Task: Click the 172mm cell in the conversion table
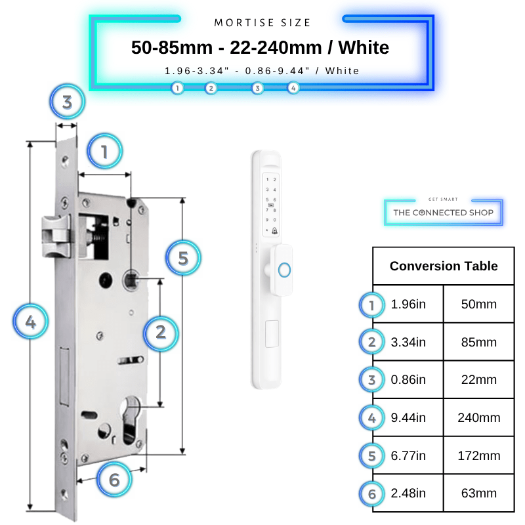click(x=479, y=455)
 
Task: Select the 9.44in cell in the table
click(x=408, y=418)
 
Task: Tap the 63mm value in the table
click(x=479, y=493)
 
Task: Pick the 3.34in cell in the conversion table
click(x=408, y=342)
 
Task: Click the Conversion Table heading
click(x=444, y=266)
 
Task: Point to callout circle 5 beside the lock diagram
click(x=183, y=258)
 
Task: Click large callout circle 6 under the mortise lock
click(x=114, y=480)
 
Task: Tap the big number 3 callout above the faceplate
click(x=68, y=102)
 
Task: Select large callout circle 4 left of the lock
click(x=30, y=322)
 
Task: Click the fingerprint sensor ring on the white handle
click(x=284, y=270)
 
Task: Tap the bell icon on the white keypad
click(x=274, y=231)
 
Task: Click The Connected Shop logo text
click(x=444, y=213)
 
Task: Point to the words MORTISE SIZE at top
click(x=262, y=23)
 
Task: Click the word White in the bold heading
click(x=364, y=47)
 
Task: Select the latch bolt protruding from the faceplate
click(x=56, y=236)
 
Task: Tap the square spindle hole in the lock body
click(x=132, y=280)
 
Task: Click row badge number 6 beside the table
click(x=371, y=494)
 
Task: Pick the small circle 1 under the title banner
click(x=177, y=89)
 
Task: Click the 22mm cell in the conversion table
click(x=479, y=380)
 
